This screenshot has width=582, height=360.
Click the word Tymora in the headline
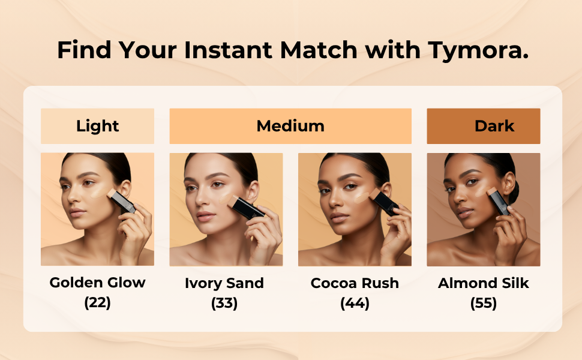478,50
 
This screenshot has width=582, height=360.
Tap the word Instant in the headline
228,50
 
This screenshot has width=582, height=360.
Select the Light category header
97,126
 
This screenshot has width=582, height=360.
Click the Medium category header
290,126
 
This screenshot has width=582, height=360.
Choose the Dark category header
483,126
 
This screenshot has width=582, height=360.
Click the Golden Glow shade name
97,283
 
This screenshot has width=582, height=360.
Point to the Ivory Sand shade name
224,283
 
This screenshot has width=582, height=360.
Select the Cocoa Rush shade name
355,283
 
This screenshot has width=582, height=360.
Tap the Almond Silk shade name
483,283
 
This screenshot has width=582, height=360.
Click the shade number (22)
97,302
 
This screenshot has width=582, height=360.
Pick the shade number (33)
224,303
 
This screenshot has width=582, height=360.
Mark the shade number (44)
355,303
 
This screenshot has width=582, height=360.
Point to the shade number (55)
483,303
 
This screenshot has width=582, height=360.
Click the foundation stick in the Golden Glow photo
121,201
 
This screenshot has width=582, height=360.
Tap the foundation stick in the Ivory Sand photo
246,207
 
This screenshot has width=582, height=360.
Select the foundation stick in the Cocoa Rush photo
384,202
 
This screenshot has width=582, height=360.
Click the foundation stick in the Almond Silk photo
498,201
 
